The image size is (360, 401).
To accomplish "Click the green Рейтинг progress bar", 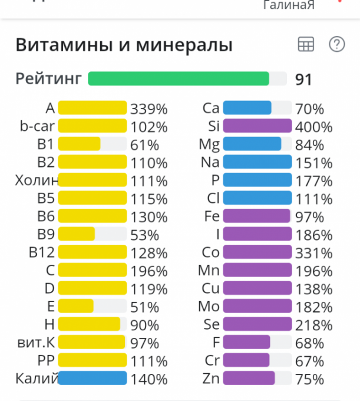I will click(x=179, y=79).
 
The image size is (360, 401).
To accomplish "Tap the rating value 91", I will click(x=303, y=80).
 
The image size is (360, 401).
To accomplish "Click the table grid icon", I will click(x=306, y=45).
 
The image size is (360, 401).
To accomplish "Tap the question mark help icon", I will click(x=336, y=45).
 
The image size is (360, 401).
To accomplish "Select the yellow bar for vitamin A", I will click(x=93, y=108).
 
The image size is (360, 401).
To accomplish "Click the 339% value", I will click(x=149, y=109).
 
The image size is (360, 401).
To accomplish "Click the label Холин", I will click(x=37, y=180).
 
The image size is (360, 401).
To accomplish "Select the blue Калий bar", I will click(x=93, y=379).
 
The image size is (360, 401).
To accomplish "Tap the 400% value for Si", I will click(x=314, y=127).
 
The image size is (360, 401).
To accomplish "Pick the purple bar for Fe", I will click(x=256, y=216).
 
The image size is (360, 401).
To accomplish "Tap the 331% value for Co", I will click(x=314, y=253).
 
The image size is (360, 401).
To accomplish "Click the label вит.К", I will click(x=36, y=343).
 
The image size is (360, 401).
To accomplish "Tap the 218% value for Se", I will click(x=314, y=325).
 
